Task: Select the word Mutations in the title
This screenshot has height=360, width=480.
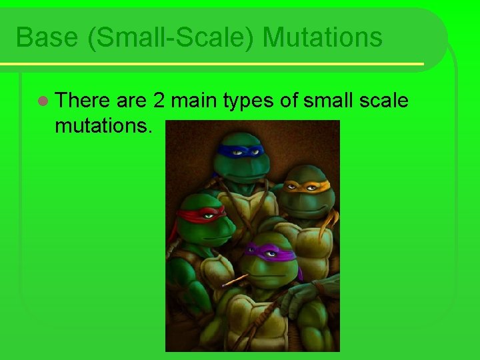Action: pos(323,37)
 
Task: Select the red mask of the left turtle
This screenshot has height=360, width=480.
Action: pos(200,215)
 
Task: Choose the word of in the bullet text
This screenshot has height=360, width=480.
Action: pos(291,101)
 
